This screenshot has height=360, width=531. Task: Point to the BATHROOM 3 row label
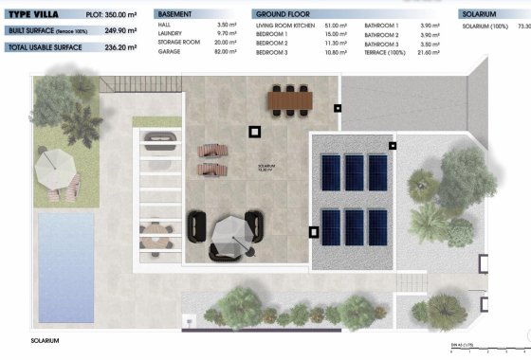[381, 45]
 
